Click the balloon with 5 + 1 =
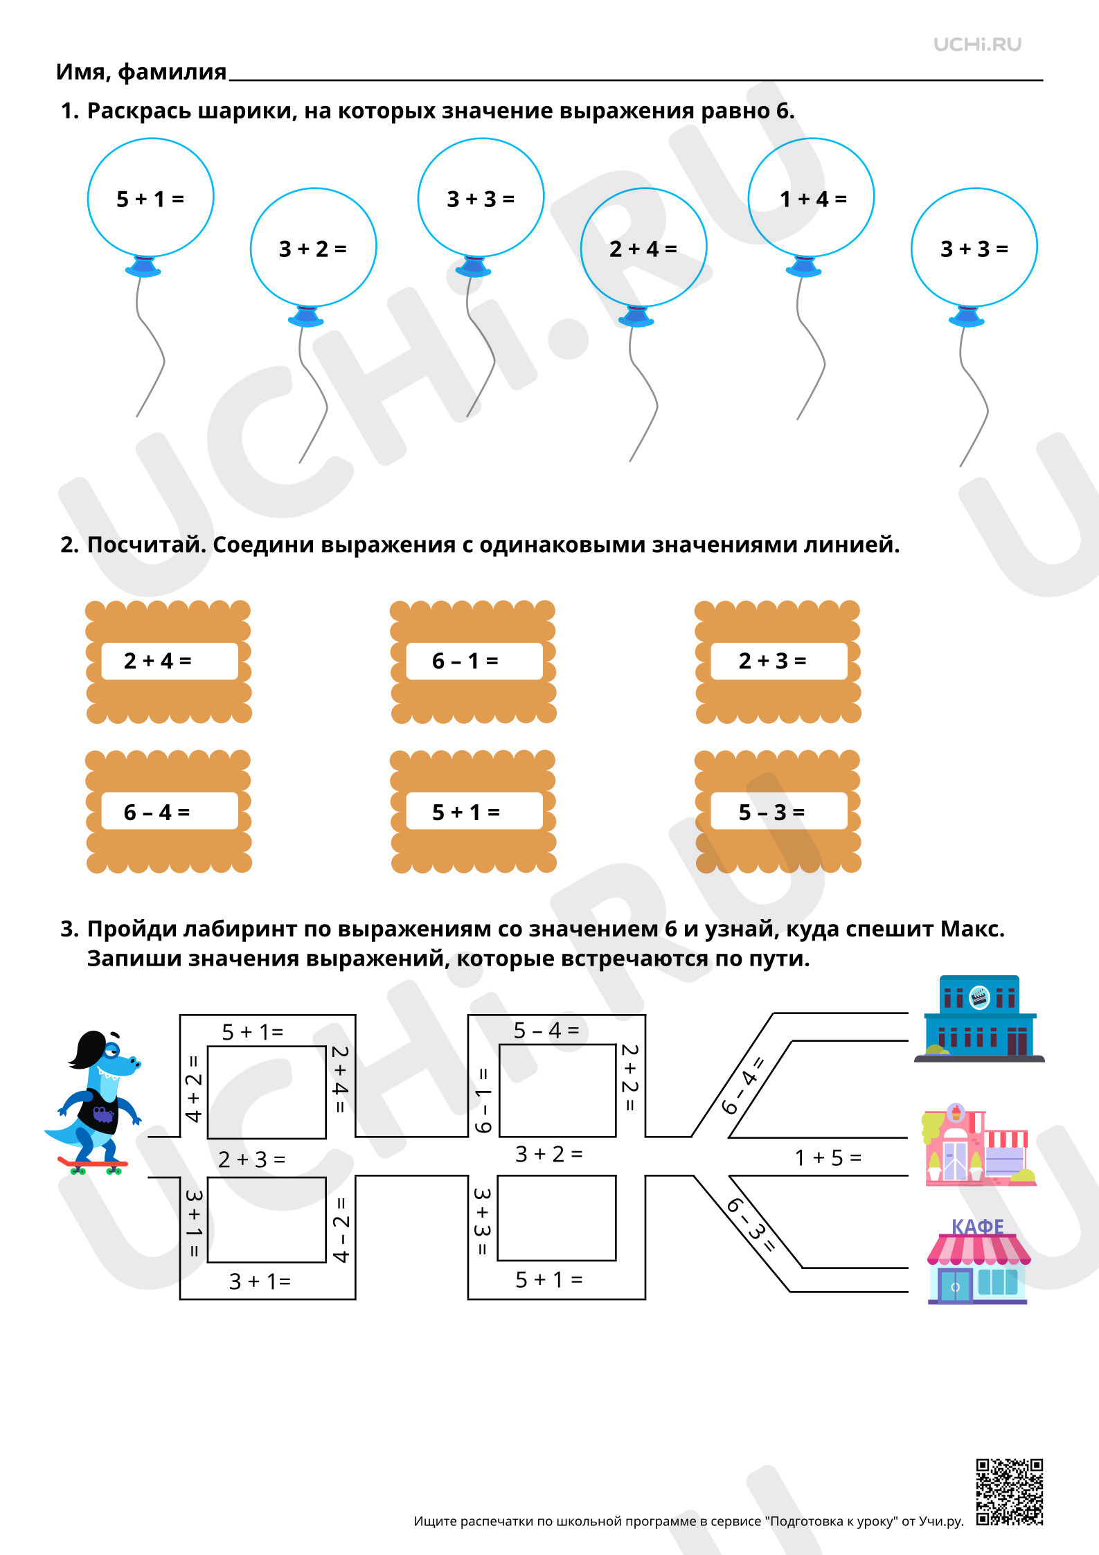(x=150, y=197)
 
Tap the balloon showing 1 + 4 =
(x=811, y=197)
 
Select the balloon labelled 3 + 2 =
(x=313, y=247)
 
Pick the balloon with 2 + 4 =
(x=643, y=247)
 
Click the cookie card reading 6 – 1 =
(x=473, y=661)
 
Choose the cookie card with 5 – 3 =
(x=778, y=811)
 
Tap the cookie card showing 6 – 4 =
(x=168, y=811)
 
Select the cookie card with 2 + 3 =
(x=778, y=661)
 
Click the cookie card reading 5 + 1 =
(x=473, y=811)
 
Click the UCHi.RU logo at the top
(x=977, y=44)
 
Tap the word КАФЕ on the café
(x=977, y=1227)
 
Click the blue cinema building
(x=979, y=1019)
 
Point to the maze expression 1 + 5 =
(x=828, y=1157)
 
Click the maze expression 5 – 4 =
(x=546, y=1030)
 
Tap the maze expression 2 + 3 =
(x=251, y=1159)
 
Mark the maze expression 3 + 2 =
(x=548, y=1154)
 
